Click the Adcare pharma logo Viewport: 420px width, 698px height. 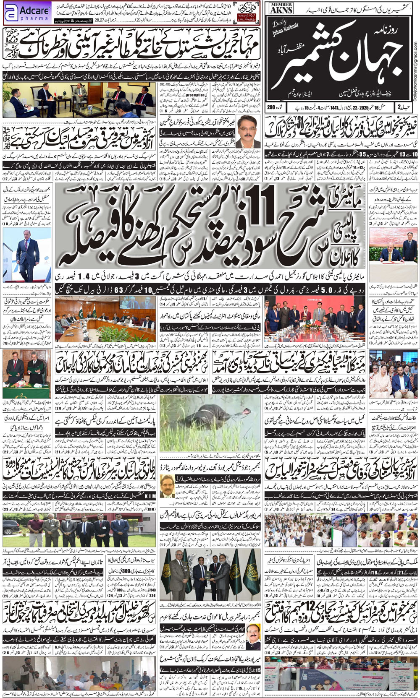pos(27,13)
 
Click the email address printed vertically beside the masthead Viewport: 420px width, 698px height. pos(415,55)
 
